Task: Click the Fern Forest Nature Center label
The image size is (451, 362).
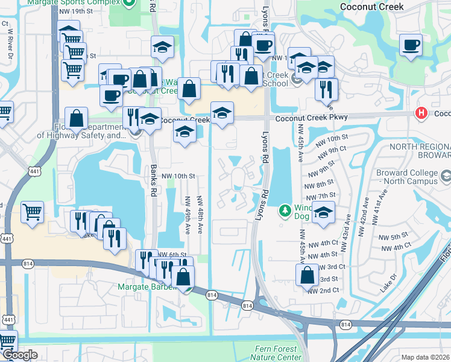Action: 275,353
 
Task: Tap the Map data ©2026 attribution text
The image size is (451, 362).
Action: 425,357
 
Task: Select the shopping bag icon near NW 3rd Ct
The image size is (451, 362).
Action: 307,275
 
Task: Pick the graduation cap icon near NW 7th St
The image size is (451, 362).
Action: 324,213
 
